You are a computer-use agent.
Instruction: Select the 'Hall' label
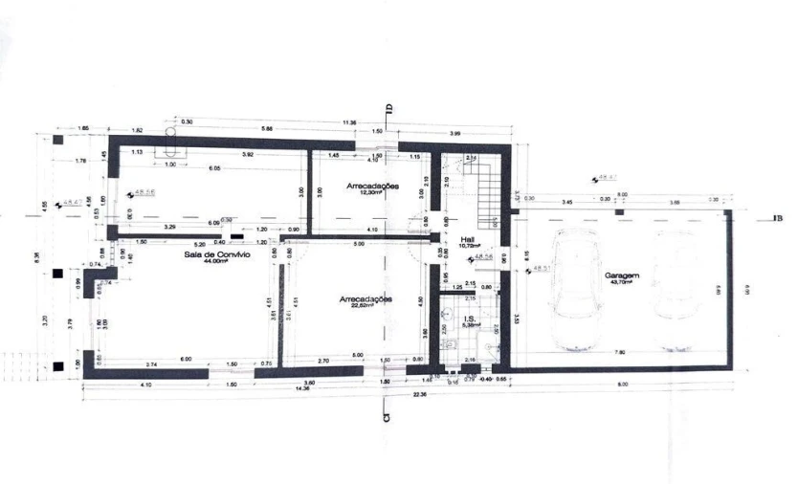pyautogui.click(x=468, y=240)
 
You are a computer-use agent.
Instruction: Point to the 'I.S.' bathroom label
pyautogui.click(x=470, y=319)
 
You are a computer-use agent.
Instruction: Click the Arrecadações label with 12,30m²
pyautogui.click(x=372, y=186)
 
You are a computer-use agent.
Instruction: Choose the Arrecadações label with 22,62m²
pyautogui.click(x=366, y=299)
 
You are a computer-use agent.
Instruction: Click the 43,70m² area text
pyautogui.click(x=621, y=283)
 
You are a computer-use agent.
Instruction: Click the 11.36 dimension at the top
pyautogui.click(x=349, y=122)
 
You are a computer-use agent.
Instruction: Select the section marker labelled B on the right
pyautogui.click(x=779, y=219)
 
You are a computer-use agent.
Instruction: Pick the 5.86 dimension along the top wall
pyautogui.click(x=267, y=130)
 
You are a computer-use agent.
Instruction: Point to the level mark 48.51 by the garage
pyautogui.click(x=540, y=270)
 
